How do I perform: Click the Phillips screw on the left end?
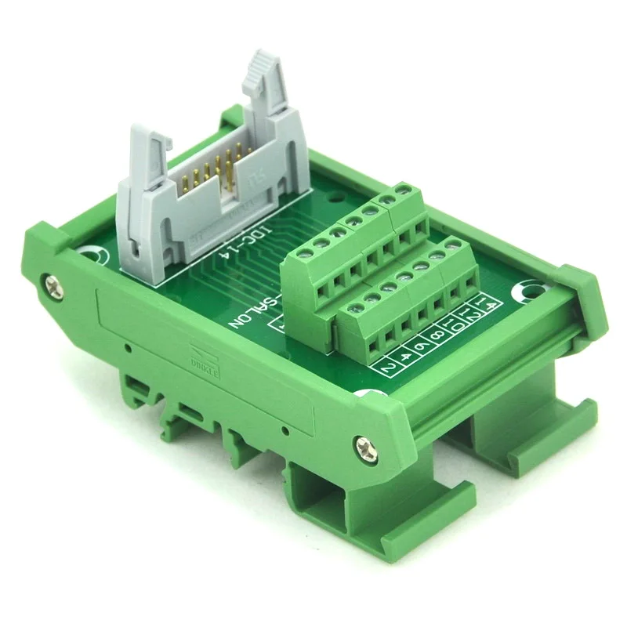click(53, 280)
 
